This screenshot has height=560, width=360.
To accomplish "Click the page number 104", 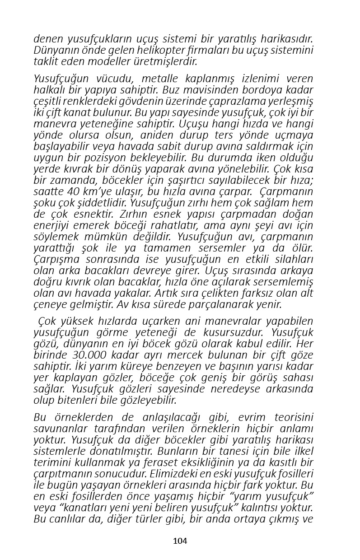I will (180, 541).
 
